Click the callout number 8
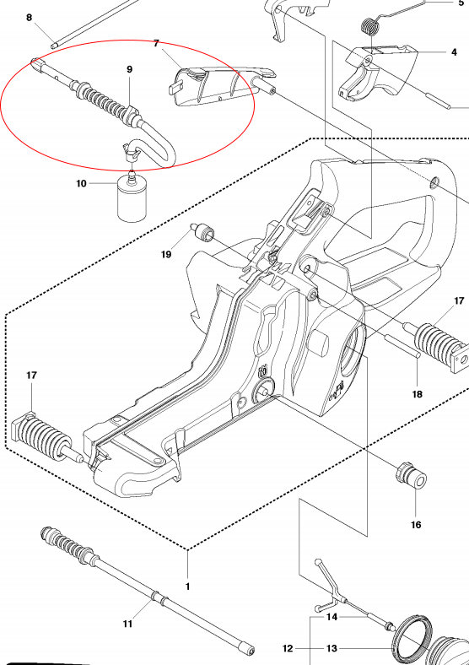pos(30,17)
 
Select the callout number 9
pos(129,69)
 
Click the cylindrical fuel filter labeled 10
pos(131,202)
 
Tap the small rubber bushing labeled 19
pos(203,230)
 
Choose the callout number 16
pos(416,524)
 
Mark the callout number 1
pos(187,586)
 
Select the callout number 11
pos(127,624)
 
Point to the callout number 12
pos(287,648)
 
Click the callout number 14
pos(332,617)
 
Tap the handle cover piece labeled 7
pos(211,86)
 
